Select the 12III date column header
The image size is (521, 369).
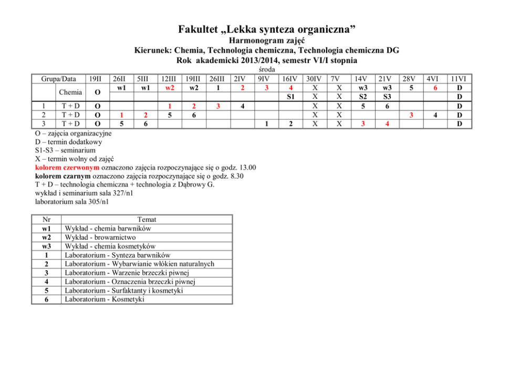pyautogui.click(x=168, y=79)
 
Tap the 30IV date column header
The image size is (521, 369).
pyautogui.click(x=315, y=79)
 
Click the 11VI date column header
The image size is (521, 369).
pyautogui.click(x=460, y=79)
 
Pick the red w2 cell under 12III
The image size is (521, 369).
pyautogui.click(x=168, y=87)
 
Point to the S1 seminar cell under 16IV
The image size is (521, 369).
pyautogui.click(x=290, y=97)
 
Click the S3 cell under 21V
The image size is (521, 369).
pyautogui.click(x=387, y=97)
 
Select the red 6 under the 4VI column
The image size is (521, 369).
pyautogui.click(x=435, y=87)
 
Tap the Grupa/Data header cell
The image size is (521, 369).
pyautogui.click(x=59, y=79)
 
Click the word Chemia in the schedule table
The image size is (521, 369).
pyautogui.click(x=71, y=92)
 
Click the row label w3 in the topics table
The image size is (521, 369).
pyautogui.click(x=47, y=246)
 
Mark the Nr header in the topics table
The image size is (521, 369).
pyautogui.click(x=47, y=219)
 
